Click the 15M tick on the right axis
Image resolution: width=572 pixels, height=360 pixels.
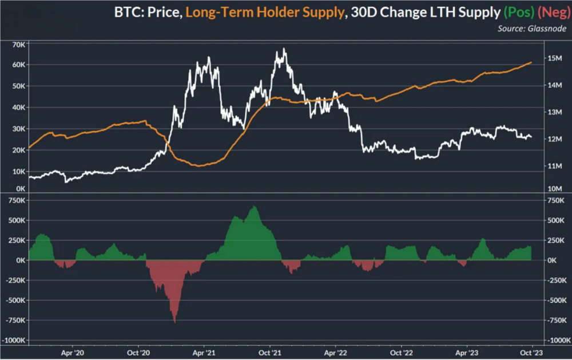pyautogui.click(x=555, y=58)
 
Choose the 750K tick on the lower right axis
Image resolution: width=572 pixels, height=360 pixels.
pyautogui.click(x=557, y=201)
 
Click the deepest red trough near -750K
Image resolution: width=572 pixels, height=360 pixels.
pyautogui.click(x=174, y=322)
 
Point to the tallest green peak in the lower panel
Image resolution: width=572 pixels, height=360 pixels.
pyautogui.click(x=254, y=206)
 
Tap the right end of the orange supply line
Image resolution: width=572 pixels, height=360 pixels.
pyautogui.click(x=532, y=62)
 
